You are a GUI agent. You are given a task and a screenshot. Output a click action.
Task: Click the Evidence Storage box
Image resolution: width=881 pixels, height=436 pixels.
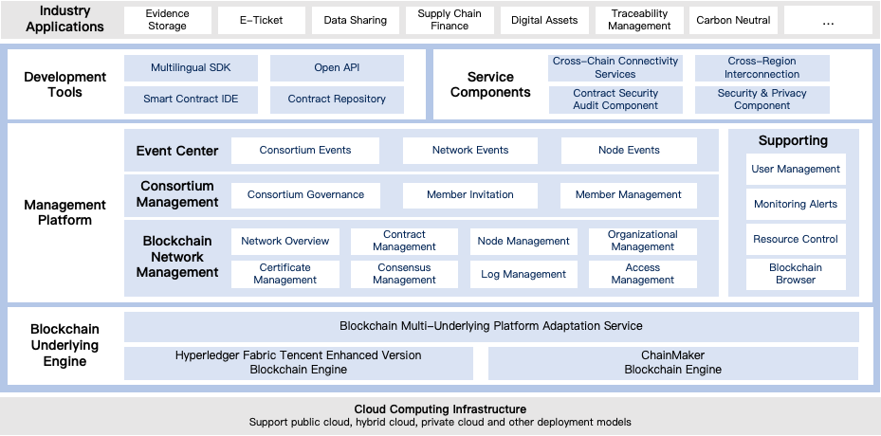168,20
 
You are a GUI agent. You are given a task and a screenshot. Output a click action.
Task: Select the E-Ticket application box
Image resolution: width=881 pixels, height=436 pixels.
263,20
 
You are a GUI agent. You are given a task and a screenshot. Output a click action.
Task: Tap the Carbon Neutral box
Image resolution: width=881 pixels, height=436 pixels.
733,20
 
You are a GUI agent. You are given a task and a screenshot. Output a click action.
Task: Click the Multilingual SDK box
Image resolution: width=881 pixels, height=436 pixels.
191,68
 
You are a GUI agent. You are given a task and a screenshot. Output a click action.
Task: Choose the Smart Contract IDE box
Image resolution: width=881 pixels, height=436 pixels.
191,99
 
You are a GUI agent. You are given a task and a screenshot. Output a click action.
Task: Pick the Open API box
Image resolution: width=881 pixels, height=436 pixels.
337,68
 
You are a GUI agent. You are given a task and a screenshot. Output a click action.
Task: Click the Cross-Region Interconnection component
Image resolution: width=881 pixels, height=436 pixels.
762,68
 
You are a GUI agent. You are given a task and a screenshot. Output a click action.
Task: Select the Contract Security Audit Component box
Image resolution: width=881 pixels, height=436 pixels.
615,100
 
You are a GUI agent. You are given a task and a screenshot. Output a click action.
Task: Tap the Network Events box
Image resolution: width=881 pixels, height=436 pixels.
470,150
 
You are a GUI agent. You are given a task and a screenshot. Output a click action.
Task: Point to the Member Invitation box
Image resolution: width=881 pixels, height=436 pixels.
470,195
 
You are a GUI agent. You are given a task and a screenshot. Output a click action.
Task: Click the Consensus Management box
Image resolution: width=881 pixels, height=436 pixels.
404,274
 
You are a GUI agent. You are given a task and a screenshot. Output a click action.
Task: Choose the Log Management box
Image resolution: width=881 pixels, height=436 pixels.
523,274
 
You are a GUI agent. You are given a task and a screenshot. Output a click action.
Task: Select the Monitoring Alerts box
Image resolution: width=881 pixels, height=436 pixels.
796,205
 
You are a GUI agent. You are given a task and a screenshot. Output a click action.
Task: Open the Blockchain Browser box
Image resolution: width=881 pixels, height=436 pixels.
796,274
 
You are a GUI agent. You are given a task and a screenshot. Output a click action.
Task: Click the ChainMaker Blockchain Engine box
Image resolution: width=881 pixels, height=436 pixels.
672,363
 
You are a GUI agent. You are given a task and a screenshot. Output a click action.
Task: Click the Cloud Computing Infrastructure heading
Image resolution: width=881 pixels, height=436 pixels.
440,409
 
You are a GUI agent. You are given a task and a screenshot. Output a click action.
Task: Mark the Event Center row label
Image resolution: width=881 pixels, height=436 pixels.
177,151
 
